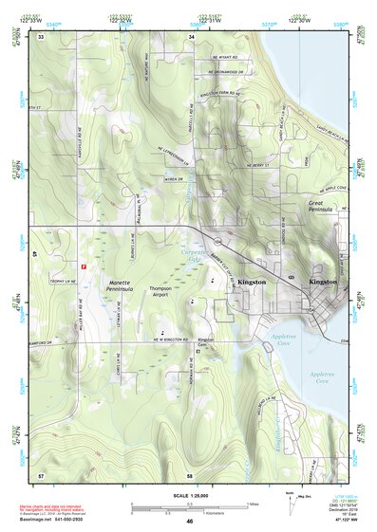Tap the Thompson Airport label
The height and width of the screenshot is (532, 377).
(x=159, y=291)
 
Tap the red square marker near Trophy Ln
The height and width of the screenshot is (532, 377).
(x=85, y=267)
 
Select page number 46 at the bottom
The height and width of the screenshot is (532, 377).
(x=190, y=522)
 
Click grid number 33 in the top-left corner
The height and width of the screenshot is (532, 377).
(x=41, y=37)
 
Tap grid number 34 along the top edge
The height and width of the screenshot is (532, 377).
(x=192, y=37)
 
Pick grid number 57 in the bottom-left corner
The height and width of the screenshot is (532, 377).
(x=41, y=474)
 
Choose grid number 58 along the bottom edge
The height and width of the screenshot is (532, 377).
(x=190, y=474)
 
